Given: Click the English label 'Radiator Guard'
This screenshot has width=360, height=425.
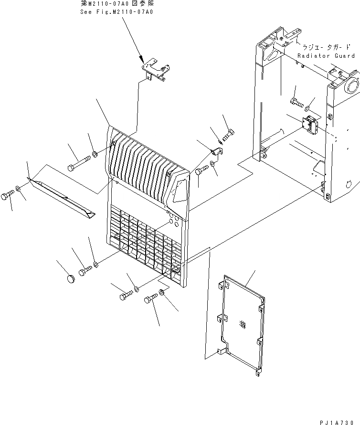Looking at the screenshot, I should [x=327, y=56].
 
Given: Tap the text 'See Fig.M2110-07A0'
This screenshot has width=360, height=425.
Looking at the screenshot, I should [x=116, y=12].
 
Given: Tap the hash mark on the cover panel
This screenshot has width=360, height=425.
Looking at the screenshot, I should [x=243, y=326].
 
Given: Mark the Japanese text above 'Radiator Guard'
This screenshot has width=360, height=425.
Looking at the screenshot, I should [x=326, y=48].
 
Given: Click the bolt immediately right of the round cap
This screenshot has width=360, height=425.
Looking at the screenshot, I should [x=85, y=271].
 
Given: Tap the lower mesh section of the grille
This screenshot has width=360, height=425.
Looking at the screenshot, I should [x=146, y=241].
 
